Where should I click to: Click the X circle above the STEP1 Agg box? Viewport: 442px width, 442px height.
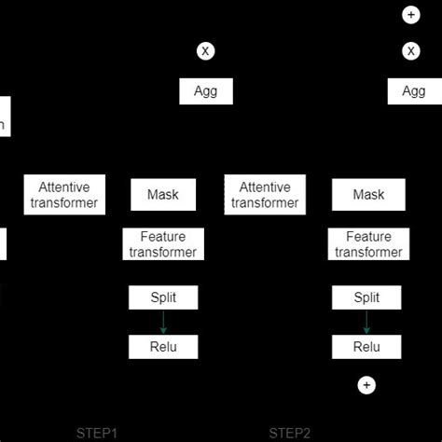point(205,50)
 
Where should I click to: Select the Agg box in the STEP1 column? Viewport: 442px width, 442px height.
point(205,91)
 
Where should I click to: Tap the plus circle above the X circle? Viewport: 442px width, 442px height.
point(411,15)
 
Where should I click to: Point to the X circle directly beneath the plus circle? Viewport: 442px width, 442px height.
point(411,50)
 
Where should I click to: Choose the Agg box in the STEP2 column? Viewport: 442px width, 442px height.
point(413,91)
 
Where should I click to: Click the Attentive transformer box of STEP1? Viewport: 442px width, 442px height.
point(64,195)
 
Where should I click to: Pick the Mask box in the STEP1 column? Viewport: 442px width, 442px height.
point(163,195)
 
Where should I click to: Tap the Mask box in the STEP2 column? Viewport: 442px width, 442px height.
point(367,195)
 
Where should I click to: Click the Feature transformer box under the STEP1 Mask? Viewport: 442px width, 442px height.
point(163,244)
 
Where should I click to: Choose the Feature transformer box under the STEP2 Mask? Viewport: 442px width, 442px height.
point(367,244)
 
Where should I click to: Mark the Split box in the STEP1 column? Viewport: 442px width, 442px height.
point(163,297)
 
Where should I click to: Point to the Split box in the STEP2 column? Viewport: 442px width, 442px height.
point(367,297)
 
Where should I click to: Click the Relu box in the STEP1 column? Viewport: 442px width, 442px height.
point(163,347)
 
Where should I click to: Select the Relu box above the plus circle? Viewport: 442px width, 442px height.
point(367,347)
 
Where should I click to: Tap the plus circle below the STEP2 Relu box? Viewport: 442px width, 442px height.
point(367,384)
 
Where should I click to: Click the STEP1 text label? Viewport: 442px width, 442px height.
point(97,433)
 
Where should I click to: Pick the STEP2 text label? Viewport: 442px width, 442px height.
point(290,433)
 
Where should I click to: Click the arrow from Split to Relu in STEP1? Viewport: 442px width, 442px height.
point(163,323)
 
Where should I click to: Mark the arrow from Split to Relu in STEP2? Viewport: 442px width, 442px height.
point(367,323)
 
